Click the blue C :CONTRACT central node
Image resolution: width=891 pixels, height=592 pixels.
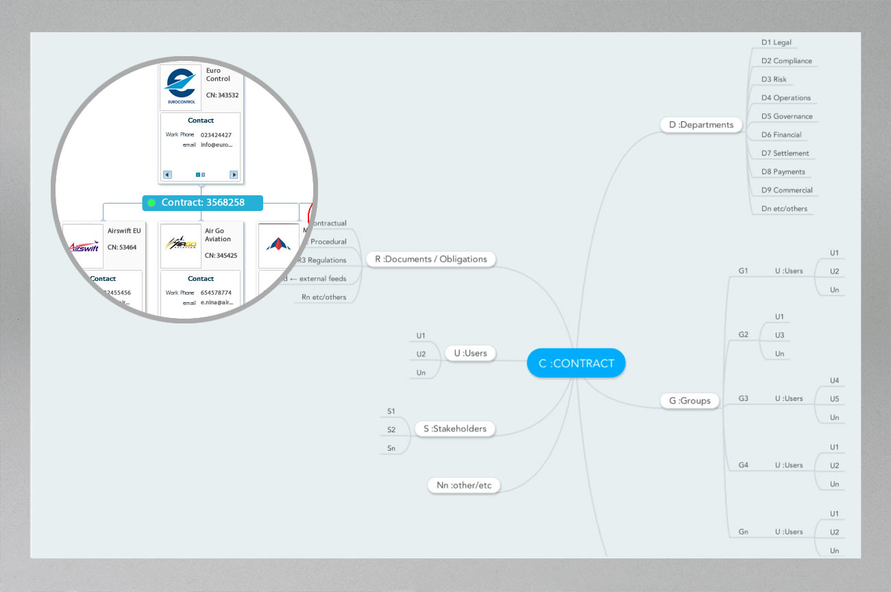pyautogui.click(x=576, y=363)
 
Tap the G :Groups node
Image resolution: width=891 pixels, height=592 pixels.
pyautogui.click(x=689, y=401)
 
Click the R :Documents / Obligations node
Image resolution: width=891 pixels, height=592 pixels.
pyautogui.click(x=430, y=259)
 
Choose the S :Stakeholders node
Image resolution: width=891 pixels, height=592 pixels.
pyautogui.click(x=454, y=429)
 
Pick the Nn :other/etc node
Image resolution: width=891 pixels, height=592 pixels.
pyautogui.click(x=464, y=486)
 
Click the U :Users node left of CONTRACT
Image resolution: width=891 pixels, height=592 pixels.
pyautogui.click(x=469, y=354)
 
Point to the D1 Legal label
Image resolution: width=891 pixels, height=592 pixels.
pyautogui.click(x=776, y=42)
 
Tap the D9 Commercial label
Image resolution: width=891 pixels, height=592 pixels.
pyautogui.click(x=786, y=190)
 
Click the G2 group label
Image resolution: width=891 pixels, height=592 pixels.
pyautogui.click(x=743, y=335)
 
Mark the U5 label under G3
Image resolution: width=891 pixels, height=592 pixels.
pyautogui.click(x=834, y=399)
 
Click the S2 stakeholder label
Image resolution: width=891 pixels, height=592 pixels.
pyautogui.click(x=391, y=430)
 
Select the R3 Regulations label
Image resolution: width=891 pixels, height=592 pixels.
pyautogui.click(x=322, y=260)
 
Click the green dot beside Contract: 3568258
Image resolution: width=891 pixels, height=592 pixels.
pyautogui.click(x=151, y=203)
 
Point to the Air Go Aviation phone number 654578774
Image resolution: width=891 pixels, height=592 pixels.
pyautogui.click(x=216, y=293)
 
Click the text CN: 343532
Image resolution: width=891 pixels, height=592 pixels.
pyautogui.click(x=222, y=95)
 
